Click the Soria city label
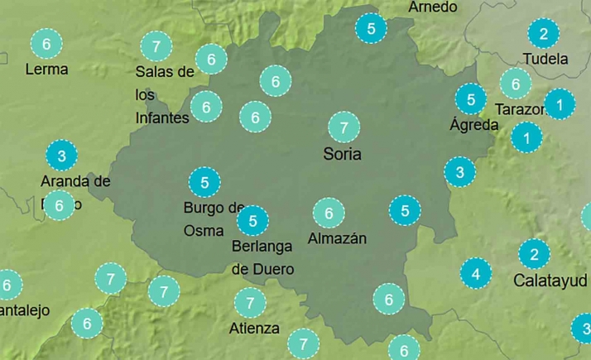pyautogui.click(x=343, y=154)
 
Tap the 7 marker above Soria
pyautogui.click(x=344, y=127)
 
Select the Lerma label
pyautogui.click(x=46, y=69)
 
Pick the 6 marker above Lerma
pyautogui.click(x=46, y=43)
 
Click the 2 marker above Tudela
pyautogui.click(x=543, y=34)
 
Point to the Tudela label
pyautogui.click(x=545, y=60)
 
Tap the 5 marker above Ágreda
pyautogui.click(x=471, y=100)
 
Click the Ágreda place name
pyautogui.click(x=473, y=126)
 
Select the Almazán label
pyautogui.click(x=337, y=238)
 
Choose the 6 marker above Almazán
pyautogui.click(x=329, y=214)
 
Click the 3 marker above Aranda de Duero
pyautogui.click(x=61, y=155)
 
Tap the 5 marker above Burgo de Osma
pyautogui.click(x=204, y=181)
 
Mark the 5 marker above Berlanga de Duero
pyautogui.click(x=252, y=220)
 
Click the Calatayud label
pyautogui.click(x=545, y=280)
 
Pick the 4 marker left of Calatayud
pyautogui.click(x=475, y=272)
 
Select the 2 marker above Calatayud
pyautogui.click(x=534, y=254)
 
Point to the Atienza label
pyautogui.click(x=254, y=328)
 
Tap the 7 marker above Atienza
pyautogui.click(x=249, y=302)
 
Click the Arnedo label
pyautogui.click(x=433, y=7)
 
